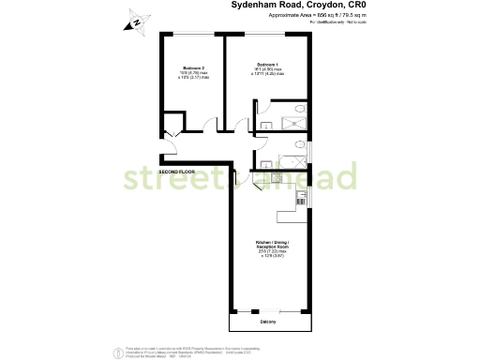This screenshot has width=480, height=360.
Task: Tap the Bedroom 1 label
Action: coord(269,64)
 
